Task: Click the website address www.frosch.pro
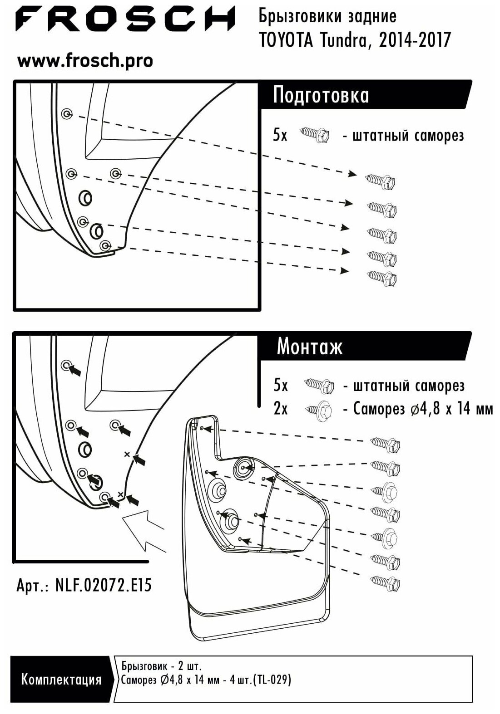point(85,61)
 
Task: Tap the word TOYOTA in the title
point(286,40)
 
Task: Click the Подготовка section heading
point(321,96)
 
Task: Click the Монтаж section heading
point(310,347)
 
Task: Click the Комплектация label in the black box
point(61,679)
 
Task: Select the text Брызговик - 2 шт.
point(161,666)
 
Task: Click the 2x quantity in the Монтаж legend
point(281,409)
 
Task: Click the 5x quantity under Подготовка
point(280,135)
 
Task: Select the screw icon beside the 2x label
point(319,409)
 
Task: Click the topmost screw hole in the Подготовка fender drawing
point(67,113)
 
